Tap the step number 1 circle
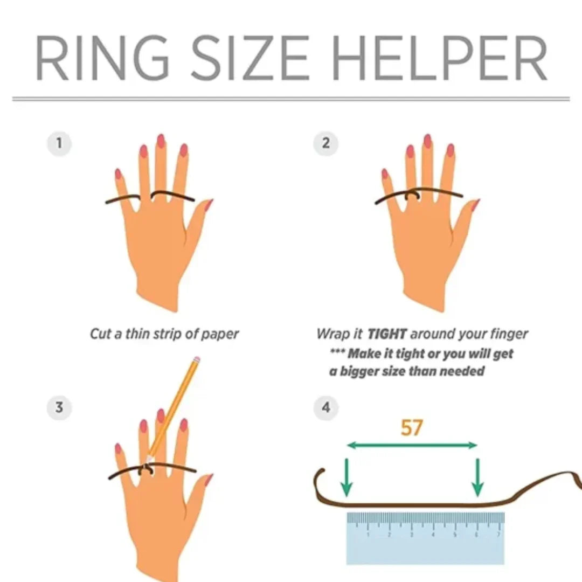[x=59, y=144]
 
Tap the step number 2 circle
[x=326, y=144]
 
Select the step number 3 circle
[x=59, y=407]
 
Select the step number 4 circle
[x=326, y=407]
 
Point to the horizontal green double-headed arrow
[x=412, y=445]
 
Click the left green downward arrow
[x=347, y=476]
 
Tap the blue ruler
[x=425, y=539]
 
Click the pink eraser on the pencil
[x=196, y=359]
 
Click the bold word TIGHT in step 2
[x=386, y=334]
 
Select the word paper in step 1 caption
[x=219, y=334]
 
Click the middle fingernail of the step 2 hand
[x=427, y=141]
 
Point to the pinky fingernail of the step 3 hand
[x=119, y=449]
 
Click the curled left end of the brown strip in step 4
[x=320, y=477]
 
